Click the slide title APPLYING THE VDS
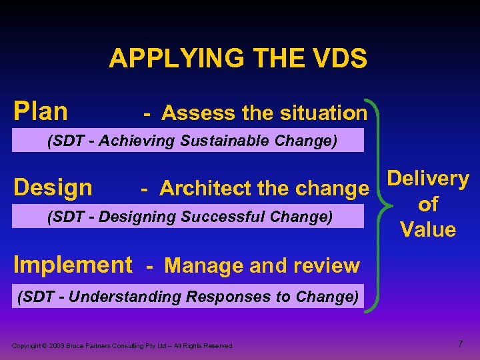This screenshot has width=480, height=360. pos(238,59)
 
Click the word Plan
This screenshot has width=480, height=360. pos(41,111)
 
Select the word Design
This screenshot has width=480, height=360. pos(53,187)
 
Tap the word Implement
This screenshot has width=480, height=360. pos(73,265)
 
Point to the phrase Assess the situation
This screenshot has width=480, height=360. pos(264,113)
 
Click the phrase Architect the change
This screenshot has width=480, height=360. pos(264,189)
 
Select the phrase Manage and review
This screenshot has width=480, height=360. pos(261,266)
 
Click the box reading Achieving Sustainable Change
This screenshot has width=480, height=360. pos(191,141)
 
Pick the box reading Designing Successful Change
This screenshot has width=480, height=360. pos(191,216)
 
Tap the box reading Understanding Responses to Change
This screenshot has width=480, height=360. pos(187,296)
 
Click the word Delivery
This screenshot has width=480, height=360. pos(428,179)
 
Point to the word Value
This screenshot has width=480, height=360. pos(428,230)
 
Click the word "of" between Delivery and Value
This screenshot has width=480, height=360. pos(428,205)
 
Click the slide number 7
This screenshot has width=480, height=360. pos(460,344)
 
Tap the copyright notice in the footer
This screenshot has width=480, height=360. pos(122,345)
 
